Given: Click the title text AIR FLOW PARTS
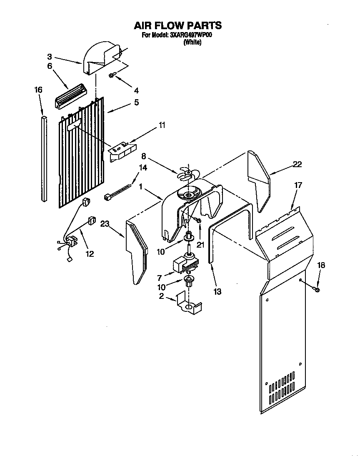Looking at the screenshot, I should tap(177, 25).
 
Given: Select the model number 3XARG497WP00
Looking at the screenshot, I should tap(191, 35).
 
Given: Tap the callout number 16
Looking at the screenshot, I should tap(38, 90).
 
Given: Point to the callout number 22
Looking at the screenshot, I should tap(297, 164).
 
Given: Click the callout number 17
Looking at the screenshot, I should tap(298, 185).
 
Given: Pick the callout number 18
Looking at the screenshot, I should tap(320, 265).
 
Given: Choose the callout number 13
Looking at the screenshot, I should tap(217, 292).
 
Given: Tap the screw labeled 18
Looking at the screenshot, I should tap(316, 288).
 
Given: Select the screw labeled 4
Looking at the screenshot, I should tap(112, 75).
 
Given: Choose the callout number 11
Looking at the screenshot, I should tap(162, 125).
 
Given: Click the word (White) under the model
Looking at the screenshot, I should tap(192, 42).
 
